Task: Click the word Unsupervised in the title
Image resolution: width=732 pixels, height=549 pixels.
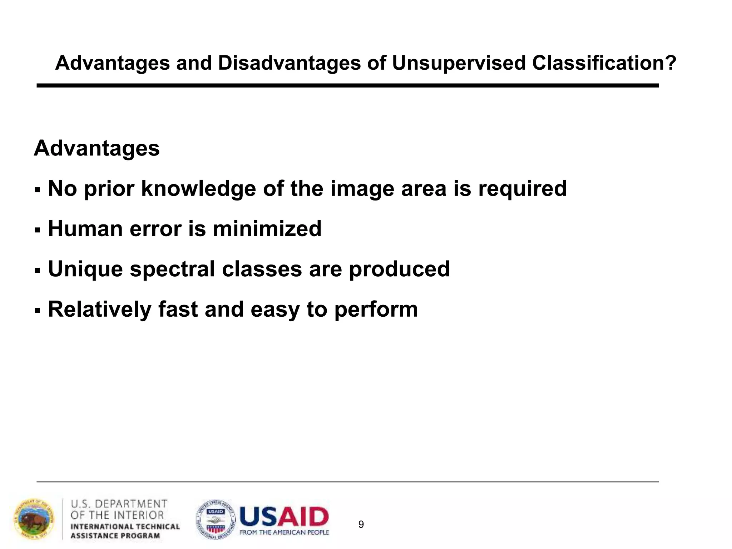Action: (x=458, y=64)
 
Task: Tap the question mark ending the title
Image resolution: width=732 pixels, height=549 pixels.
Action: (x=671, y=63)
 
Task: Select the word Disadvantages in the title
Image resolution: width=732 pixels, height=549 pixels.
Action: (x=289, y=63)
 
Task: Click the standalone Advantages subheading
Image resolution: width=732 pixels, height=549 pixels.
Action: (x=97, y=148)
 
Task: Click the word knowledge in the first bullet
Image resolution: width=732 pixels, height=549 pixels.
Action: (x=198, y=188)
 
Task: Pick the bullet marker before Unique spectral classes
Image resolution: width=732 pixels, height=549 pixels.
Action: (x=38, y=270)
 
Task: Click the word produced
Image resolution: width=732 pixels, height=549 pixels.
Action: (x=399, y=269)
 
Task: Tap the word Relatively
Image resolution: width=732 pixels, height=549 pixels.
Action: (x=99, y=309)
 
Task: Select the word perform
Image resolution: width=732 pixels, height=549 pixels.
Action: (x=376, y=309)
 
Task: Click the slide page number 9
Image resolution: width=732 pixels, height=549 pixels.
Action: (x=361, y=524)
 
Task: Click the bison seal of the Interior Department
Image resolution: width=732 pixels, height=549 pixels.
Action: (x=34, y=519)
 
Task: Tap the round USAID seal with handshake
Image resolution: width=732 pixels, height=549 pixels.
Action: (x=216, y=519)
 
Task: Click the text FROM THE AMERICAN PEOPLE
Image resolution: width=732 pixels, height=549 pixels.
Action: (x=284, y=533)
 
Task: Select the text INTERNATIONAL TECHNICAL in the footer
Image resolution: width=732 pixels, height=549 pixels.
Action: (x=125, y=526)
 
